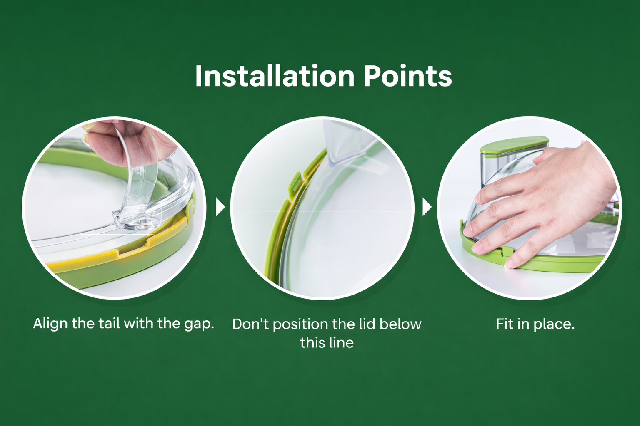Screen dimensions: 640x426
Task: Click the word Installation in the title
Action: pos(275,76)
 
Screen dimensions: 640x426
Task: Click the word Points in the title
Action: pos(408,76)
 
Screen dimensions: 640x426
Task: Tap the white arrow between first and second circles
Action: pos(220,207)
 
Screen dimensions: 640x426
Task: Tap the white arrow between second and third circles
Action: pos(427,207)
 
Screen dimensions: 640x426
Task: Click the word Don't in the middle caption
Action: pos(250,324)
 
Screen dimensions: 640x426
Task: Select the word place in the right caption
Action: pos(554,325)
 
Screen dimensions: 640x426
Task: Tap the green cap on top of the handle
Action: pos(514,145)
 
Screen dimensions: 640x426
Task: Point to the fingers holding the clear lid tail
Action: pos(126,143)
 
